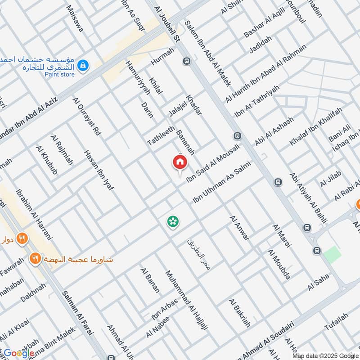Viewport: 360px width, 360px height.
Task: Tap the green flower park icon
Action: pos(172,221)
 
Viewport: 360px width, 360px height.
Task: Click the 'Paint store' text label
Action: pos(59,74)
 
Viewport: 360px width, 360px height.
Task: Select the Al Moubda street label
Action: pos(278,264)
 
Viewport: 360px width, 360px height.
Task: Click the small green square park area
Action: pos(332,255)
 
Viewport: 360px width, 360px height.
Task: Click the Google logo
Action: pos(18,353)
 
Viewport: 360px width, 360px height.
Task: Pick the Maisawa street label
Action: pos(75,18)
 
